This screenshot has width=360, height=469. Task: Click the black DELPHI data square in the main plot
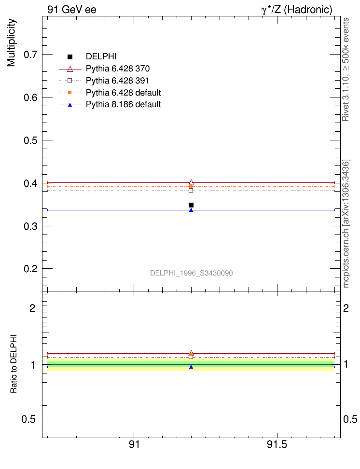click(191, 205)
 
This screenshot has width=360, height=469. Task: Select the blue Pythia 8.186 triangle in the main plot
click(191, 210)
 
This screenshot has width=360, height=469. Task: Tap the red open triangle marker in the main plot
click(191, 182)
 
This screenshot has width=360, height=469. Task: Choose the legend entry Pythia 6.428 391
click(118, 80)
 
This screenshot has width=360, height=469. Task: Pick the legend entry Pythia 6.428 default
click(123, 92)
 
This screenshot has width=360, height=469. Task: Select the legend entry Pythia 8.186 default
click(123, 104)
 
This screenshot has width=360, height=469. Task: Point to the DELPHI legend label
click(101, 56)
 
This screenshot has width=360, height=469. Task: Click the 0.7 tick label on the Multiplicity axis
click(31, 55)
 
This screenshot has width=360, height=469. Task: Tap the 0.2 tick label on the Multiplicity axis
click(31, 269)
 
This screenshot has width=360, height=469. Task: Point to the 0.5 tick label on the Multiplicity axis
click(31, 140)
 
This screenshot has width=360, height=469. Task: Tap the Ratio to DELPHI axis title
click(14, 363)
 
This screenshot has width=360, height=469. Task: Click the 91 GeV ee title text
click(71, 10)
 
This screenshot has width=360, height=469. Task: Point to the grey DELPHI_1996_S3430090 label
click(192, 273)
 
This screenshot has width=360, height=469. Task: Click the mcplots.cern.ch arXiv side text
click(346, 223)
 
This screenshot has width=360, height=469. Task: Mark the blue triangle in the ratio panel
click(191, 367)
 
